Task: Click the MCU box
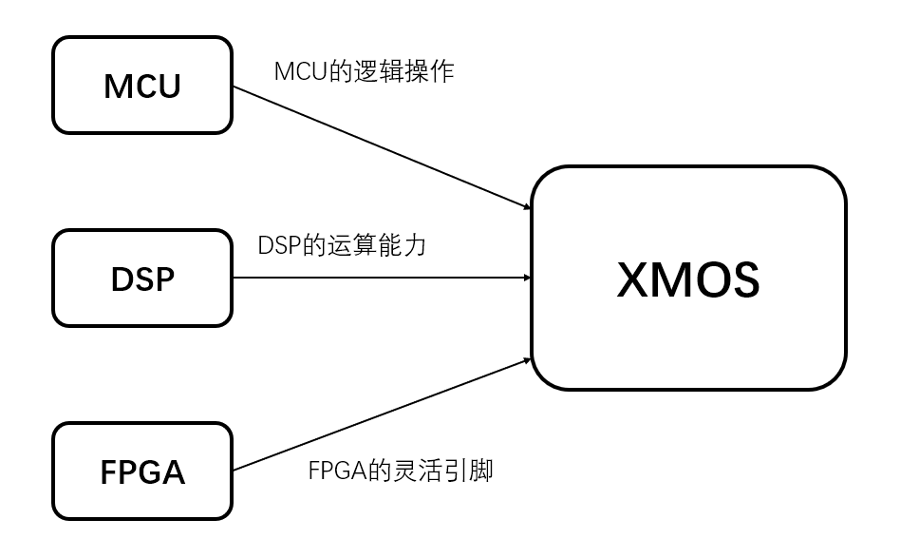click(142, 86)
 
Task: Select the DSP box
click(142, 279)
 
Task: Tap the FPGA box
click(142, 471)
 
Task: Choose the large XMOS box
click(687, 278)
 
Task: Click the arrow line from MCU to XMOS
click(380, 147)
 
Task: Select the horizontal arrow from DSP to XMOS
click(380, 278)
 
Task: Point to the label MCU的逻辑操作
click(364, 70)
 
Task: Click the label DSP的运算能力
click(342, 245)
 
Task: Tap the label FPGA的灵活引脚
click(401, 471)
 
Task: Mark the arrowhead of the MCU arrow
click(525, 207)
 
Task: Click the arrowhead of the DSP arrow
click(525, 278)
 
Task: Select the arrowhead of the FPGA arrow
click(525, 359)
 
